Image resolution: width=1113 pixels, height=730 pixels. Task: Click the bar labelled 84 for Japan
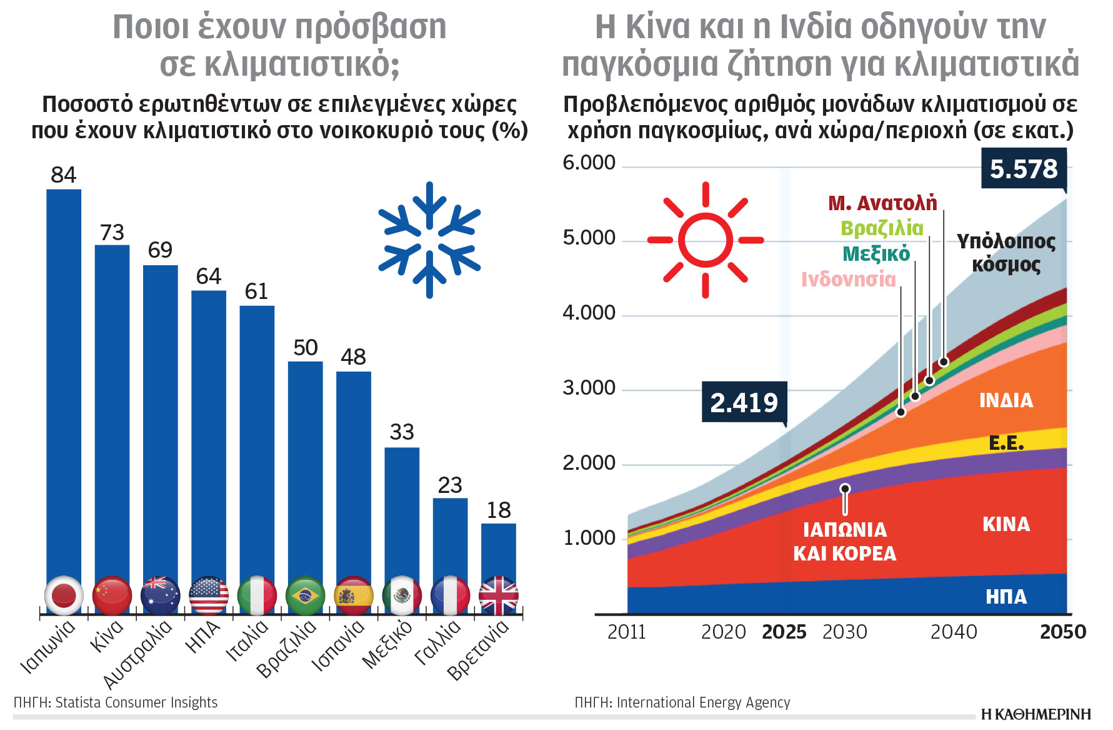coord(64,382)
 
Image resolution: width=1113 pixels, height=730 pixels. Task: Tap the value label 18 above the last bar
coord(499,510)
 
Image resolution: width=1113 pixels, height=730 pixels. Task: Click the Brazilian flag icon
coord(305,596)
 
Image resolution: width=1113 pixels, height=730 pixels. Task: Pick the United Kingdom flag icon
coord(498,596)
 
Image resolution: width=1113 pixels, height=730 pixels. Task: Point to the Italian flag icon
coord(257,596)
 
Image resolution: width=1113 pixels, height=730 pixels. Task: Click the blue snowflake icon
coord(429,240)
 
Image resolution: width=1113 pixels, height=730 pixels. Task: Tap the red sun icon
coord(706,240)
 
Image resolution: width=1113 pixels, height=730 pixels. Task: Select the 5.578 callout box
coord(1023,169)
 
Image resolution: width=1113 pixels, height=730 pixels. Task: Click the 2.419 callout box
coord(744,402)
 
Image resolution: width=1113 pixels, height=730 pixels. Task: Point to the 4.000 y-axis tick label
coord(589,313)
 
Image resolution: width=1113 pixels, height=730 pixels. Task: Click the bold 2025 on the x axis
coord(784,632)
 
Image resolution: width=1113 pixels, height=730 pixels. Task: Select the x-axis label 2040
coord(953,632)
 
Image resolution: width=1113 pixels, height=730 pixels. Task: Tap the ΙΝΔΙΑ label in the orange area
coord(1006,400)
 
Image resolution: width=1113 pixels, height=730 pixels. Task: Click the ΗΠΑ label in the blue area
coord(1006,597)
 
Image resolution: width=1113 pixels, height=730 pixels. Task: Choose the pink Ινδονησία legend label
coord(848,279)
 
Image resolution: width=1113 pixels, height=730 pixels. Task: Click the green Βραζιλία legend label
coord(881,228)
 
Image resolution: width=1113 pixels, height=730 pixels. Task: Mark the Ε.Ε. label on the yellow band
coord(1006,443)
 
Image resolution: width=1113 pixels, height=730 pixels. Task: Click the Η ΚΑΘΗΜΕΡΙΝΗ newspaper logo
coord(1036,714)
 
